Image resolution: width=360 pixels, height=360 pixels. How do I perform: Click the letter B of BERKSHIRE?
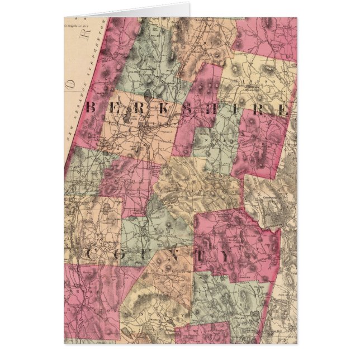tap(90, 108)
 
